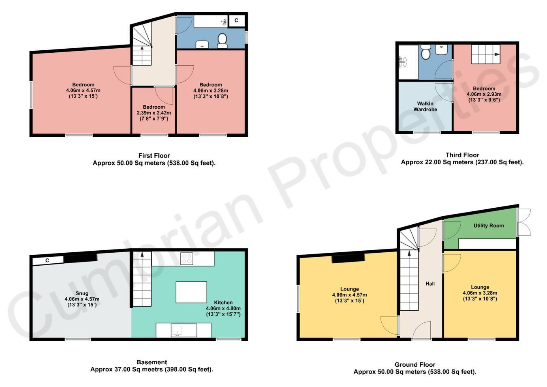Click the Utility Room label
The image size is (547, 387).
489,226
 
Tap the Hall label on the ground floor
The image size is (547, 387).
430,284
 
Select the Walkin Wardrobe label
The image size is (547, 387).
425,106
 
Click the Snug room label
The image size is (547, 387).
82,293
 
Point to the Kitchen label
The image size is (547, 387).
223,302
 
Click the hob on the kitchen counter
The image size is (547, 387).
186,259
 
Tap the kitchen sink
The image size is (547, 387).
176,330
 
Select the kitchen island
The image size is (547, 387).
191,292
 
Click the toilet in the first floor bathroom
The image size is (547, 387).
222,41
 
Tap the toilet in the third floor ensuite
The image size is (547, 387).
425,52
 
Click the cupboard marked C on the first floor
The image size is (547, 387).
236,21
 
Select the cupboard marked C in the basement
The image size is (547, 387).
48,260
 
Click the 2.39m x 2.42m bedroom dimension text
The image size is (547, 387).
154,113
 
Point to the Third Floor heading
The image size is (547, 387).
462,155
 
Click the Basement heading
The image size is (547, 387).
152,362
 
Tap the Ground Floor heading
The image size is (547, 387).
415,365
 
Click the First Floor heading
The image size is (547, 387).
154,155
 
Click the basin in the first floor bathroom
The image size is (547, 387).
202,44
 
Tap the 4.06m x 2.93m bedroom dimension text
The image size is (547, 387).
484,94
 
